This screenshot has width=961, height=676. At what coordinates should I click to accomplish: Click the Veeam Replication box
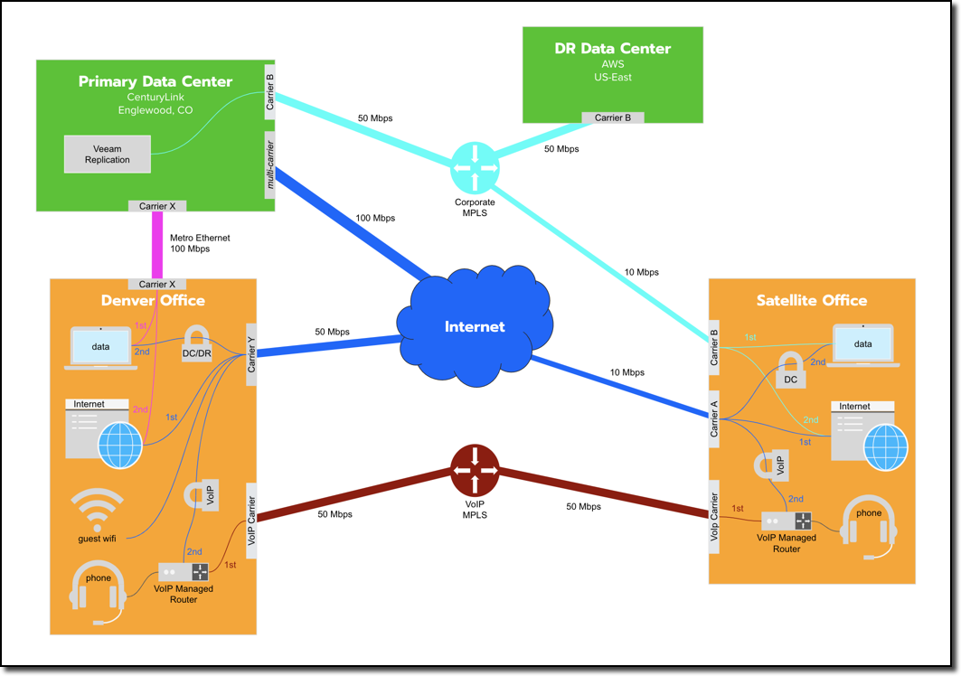coord(107,154)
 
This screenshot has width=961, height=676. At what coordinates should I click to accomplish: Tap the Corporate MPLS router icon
coord(475,168)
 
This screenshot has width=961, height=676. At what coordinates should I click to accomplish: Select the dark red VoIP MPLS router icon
coord(475,470)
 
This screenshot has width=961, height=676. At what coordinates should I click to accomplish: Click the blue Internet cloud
coord(474,326)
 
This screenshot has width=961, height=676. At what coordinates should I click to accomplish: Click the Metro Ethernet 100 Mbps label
coord(200,243)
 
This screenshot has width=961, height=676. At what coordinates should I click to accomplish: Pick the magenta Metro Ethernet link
coord(157,245)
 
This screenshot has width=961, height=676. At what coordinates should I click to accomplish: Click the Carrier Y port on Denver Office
coord(251,354)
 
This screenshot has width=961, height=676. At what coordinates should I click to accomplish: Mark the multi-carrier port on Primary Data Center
coord(269,164)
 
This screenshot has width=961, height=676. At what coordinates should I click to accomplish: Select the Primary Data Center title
coord(155,81)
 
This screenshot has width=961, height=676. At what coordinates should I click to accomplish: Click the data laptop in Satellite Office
coord(862,346)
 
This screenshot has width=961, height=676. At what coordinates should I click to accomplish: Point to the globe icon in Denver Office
coord(121,445)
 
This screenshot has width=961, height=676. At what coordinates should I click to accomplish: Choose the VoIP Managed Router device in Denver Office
coord(184,572)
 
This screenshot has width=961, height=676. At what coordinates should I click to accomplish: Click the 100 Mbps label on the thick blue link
coord(375,218)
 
